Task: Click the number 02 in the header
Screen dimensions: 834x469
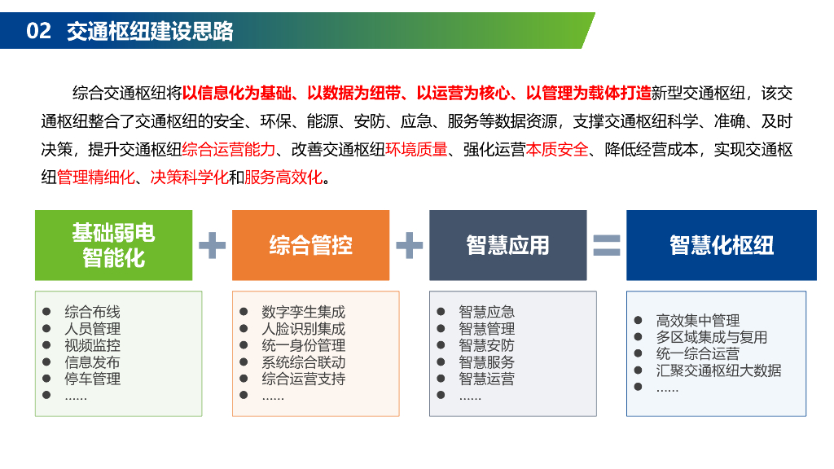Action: pos(38,31)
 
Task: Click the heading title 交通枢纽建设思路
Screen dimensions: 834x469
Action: pos(150,31)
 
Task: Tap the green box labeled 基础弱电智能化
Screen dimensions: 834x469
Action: pos(113,245)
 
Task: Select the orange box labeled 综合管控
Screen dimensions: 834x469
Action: pos(310,245)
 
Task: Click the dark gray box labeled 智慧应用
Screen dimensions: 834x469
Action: pos(507,245)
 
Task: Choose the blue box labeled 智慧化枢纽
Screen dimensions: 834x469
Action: pos(721,245)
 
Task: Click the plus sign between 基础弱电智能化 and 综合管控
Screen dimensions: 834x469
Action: pos(212,245)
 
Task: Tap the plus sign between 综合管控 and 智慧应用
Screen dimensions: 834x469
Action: pos(409,245)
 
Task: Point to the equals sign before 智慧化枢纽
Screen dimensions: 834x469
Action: pos(606,245)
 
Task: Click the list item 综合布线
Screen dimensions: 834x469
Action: pos(92,312)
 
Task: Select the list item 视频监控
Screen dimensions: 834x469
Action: pos(92,345)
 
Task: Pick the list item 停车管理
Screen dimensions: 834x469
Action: pos(92,379)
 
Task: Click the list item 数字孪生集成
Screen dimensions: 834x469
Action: pos(303,312)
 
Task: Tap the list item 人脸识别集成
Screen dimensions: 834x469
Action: pos(303,329)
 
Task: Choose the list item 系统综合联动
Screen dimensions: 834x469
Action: pos(303,362)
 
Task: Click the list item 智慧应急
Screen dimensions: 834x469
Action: pos(486,312)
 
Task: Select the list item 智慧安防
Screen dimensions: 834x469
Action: pos(486,345)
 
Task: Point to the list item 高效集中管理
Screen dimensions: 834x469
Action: pos(697,321)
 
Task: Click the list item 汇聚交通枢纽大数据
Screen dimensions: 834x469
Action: pos(718,370)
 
